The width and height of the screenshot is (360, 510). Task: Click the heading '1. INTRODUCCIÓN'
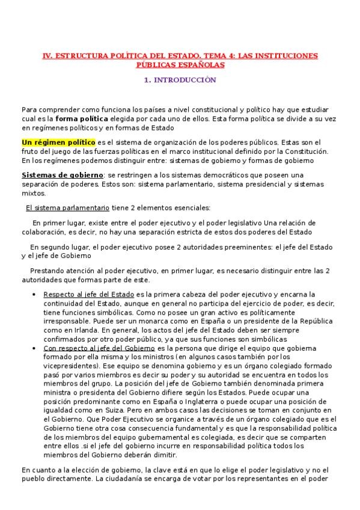pos(180,80)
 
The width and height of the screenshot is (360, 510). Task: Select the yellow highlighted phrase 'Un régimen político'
pos(58,143)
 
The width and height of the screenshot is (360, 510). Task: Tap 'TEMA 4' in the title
pos(212,56)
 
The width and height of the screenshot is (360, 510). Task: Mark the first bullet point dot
pos(32,295)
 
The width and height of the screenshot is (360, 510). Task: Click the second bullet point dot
pos(32,348)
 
